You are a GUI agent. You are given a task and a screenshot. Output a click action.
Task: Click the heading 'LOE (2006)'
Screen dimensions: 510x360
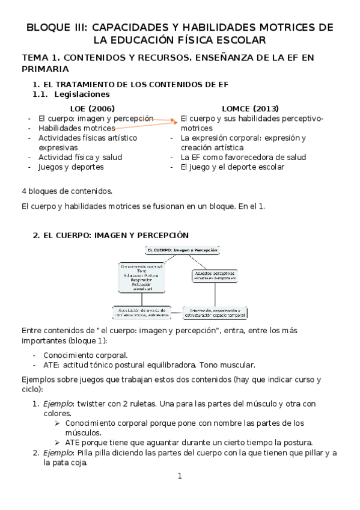coord(93,109)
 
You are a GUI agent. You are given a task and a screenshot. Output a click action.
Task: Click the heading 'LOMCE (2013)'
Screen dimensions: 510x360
coord(249,109)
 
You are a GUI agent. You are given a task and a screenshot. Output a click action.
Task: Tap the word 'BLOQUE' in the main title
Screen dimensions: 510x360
coord(51,28)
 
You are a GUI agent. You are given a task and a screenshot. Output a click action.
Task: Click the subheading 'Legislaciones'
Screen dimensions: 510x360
coord(82,94)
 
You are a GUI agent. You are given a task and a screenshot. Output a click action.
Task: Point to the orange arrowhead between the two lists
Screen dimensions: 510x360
coord(176,120)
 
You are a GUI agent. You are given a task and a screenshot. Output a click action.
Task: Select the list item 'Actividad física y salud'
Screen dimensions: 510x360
coord(81,157)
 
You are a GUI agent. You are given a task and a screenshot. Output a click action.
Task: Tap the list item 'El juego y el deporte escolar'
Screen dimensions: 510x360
coord(233,167)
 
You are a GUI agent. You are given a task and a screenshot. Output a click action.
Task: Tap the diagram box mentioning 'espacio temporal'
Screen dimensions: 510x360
coord(215,313)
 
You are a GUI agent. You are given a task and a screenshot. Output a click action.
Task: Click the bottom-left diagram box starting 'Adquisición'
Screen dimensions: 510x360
coord(142,312)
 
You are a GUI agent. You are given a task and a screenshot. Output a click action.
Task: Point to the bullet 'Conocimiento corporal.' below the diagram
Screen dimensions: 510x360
coord(85,355)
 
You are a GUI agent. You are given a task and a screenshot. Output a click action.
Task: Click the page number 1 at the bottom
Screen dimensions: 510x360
coord(179,476)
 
